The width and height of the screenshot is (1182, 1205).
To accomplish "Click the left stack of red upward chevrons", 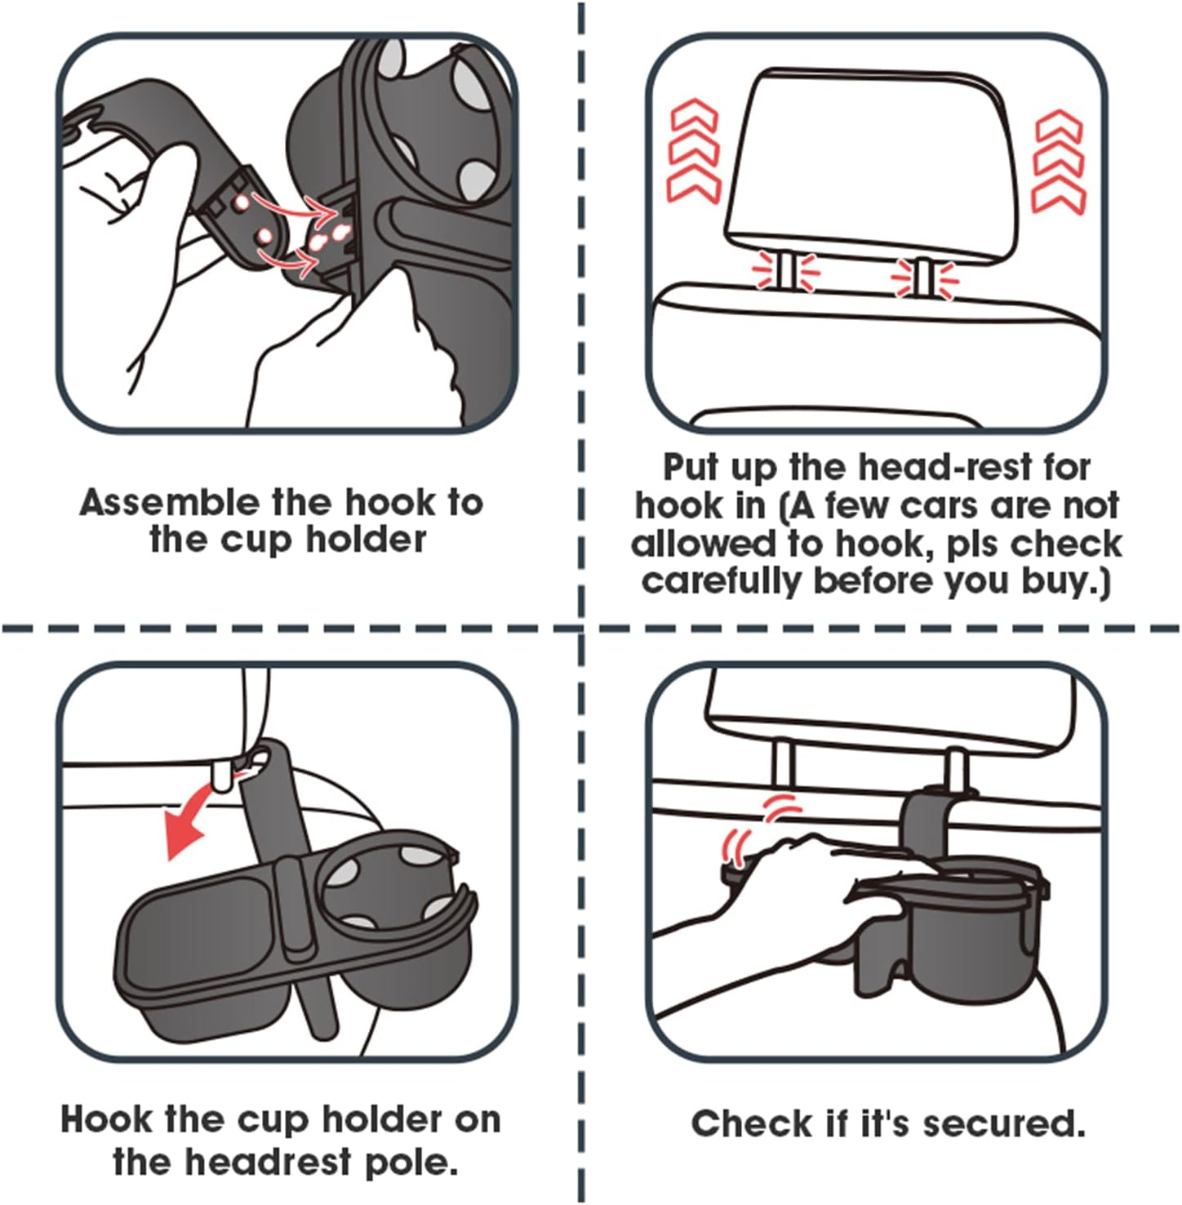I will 693,152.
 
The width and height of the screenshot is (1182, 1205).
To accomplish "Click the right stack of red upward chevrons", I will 1059,162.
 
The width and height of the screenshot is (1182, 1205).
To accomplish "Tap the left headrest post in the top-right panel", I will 784,271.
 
